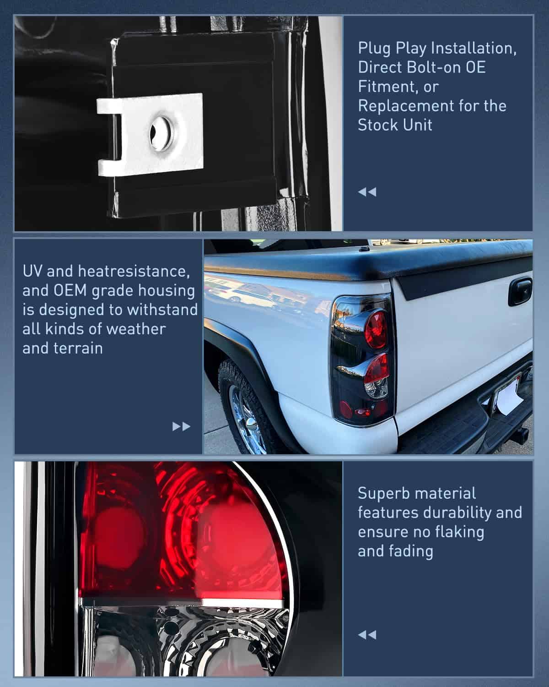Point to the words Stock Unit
[x=395, y=125]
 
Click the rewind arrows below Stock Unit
[x=367, y=191]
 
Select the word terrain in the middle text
[x=81, y=348]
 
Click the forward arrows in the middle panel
[x=181, y=426]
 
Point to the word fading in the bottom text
[x=414, y=551]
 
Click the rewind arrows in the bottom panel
[x=367, y=634]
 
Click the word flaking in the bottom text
[x=458, y=532]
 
